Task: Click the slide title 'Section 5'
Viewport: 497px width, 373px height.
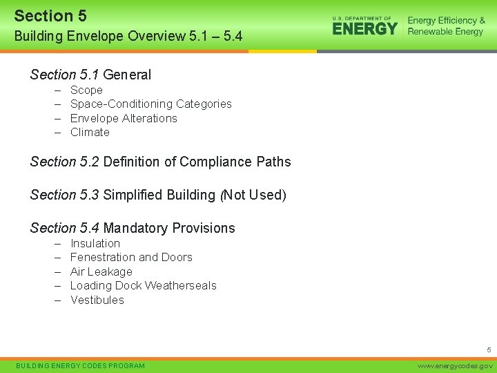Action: tap(50, 15)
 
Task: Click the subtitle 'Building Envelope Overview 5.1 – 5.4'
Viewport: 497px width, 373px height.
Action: tap(128, 35)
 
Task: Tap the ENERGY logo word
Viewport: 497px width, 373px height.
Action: tap(365, 28)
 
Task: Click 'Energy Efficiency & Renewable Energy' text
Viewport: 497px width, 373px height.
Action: tap(446, 26)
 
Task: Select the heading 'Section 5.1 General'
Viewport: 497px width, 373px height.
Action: tap(90, 75)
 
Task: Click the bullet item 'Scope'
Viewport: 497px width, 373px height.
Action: tap(86, 90)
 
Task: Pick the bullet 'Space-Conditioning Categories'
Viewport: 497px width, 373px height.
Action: tap(150, 104)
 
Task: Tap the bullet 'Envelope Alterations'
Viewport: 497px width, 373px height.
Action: tap(124, 118)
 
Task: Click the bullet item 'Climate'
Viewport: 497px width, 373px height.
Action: tap(90, 132)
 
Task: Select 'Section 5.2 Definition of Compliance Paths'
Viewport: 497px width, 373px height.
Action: tap(160, 162)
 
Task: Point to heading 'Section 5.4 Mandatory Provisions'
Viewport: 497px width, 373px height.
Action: tap(133, 228)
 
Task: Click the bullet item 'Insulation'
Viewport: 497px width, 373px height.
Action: tap(95, 243)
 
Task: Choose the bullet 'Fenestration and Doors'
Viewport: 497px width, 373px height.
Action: tap(131, 257)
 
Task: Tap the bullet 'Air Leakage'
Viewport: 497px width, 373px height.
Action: tap(101, 271)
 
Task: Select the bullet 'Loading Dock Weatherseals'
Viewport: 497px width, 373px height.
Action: tap(143, 285)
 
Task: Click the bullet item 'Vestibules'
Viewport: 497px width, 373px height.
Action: tap(97, 300)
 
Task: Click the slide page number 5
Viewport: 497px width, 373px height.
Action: tap(488, 350)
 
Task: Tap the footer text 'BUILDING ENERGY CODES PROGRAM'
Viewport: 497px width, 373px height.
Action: tap(80, 365)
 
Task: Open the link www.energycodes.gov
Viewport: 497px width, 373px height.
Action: tap(456, 365)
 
